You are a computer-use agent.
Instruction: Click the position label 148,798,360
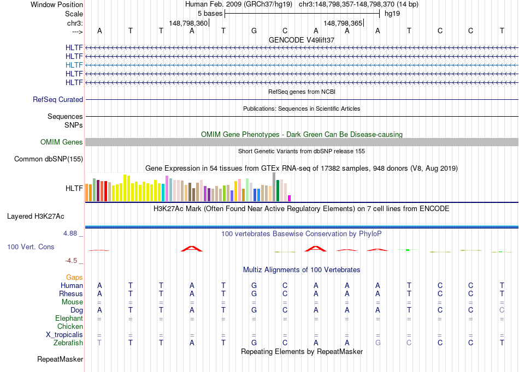pyautogui.click(x=188, y=23)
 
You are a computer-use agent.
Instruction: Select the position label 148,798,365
pyautogui.click(x=343, y=23)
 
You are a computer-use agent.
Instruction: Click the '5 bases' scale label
pyautogui.click(x=210, y=13)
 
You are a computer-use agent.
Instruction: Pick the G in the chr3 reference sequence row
pyautogui.click(x=254, y=31)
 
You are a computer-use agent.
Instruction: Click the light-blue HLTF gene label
pyautogui.click(x=74, y=65)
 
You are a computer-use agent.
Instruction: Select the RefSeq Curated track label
pyautogui.click(x=58, y=100)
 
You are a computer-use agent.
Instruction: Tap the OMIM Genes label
pyautogui.click(x=62, y=142)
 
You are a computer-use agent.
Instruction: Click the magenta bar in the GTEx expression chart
pyautogui.click(x=290, y=198)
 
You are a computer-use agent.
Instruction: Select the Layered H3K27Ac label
pyautogui.click(x=45, y=217)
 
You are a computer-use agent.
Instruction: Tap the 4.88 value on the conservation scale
pyautogui.click(x=73, y=233)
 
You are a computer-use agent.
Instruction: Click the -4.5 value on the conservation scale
pyautogui.click(x=74, y=261)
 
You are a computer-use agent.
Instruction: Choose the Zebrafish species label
pyautogui.click(x=68, y=343)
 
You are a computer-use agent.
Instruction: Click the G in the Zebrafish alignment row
pyautogui.click(x=254, y=343)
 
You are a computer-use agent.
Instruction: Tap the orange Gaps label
pyautogui.click(x=74, y=278)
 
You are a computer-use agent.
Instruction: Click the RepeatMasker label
pyautogui.click(x=60, y=359)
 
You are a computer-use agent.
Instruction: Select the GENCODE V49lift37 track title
pyautogui.click(x=302, y=40)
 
